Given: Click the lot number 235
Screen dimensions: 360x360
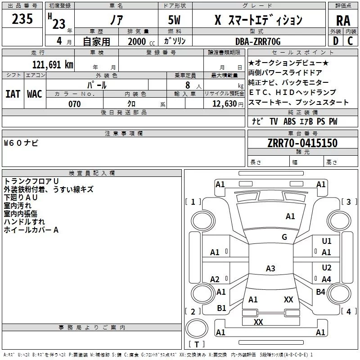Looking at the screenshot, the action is [x=22, y=19].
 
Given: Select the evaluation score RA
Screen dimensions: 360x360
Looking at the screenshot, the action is [x=343, y=21].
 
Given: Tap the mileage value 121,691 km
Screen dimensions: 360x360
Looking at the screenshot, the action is [x=53, y=64].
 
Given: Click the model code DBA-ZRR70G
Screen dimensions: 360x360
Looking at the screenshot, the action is [x=258, y=41].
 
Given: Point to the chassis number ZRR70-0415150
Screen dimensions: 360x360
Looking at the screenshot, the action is [x=302, y=144].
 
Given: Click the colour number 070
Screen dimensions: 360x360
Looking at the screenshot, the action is [x=74, y=104].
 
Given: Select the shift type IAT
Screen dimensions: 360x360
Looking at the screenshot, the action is [x=13, y=94].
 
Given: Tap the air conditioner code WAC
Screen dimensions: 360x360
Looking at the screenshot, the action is [x=34, y=94].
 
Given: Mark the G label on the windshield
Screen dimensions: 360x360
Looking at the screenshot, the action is [x=284, y=237].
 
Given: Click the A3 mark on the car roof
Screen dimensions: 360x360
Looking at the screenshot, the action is [x=270, y=269].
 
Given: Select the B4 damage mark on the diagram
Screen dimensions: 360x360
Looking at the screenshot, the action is [x=320, y=292].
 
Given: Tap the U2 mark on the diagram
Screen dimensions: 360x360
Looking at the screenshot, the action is [x=326, y=268].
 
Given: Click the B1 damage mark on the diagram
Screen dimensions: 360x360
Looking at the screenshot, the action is [x=221, y=308].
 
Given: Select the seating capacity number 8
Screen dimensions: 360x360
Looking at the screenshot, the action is [x=186, y=85].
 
